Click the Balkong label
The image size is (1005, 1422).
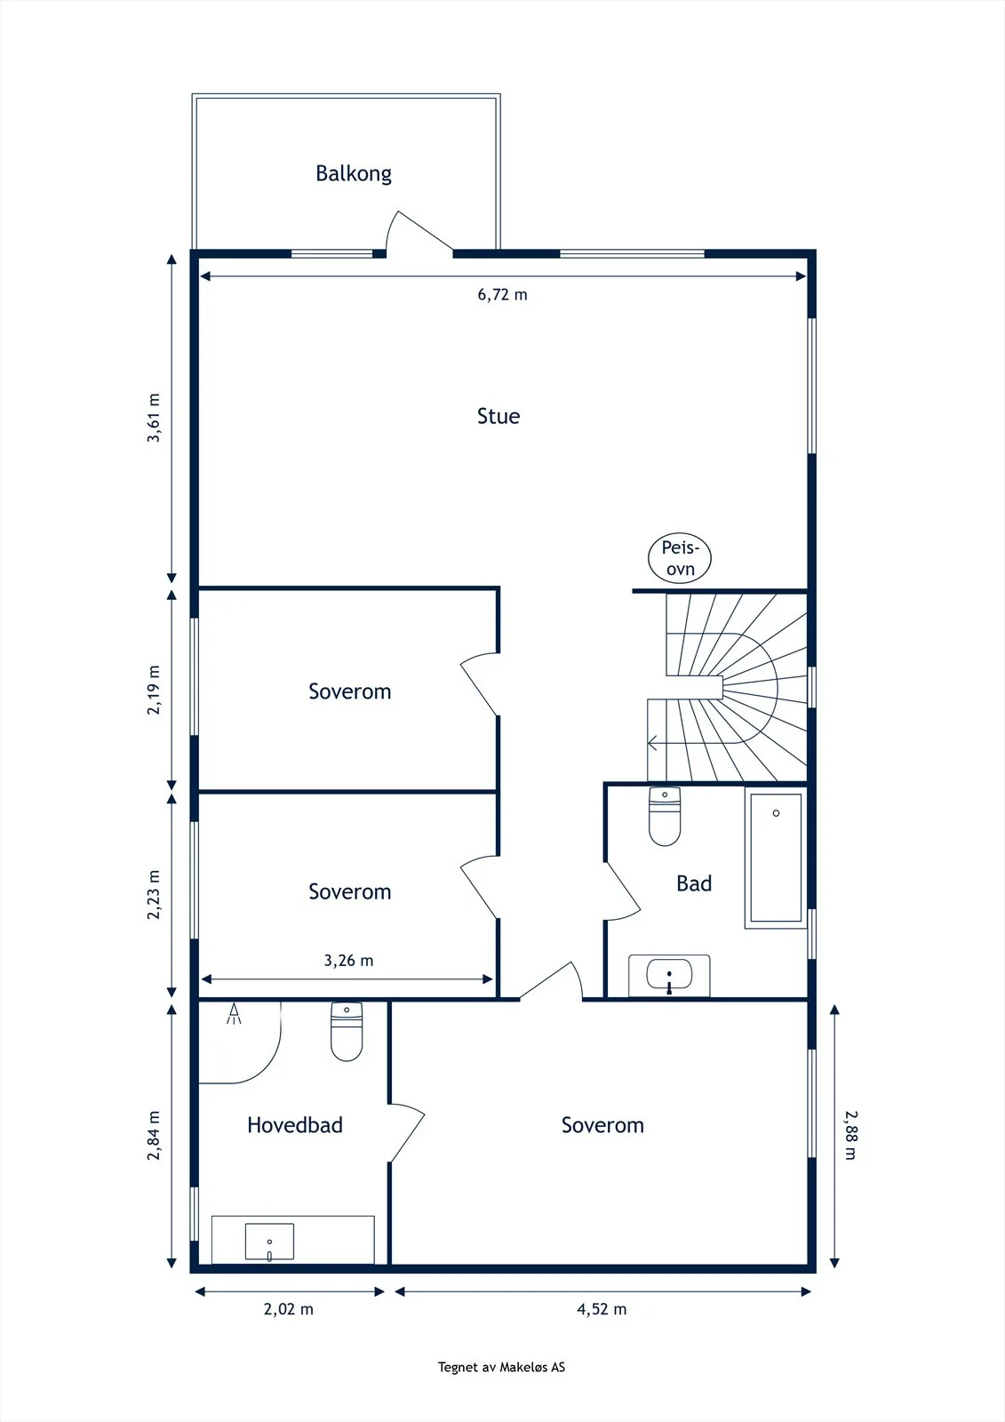(354, 173)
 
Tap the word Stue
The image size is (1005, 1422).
(499, 417)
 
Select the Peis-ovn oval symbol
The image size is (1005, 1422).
(679, 558)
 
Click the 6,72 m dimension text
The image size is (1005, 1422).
(502, 294)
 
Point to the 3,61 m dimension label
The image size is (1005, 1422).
(154, 418)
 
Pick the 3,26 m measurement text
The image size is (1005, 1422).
(348, 961)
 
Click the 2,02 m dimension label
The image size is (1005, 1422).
(289, 1309)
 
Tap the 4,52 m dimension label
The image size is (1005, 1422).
(602, 1309)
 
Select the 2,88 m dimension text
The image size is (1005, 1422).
(850, 1135)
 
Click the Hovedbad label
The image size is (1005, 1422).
(295, 1125)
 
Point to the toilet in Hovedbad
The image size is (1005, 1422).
(347, 1032)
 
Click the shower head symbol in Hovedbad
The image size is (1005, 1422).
(235, 1013)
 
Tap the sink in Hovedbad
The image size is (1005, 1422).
(270, 1241)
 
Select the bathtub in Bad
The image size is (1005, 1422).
(776, 858)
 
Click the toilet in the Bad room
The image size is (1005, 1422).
(665, 817)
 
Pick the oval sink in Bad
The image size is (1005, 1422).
(669, 974)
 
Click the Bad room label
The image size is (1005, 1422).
(694, 883)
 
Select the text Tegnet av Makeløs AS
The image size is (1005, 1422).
(501, 1368)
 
